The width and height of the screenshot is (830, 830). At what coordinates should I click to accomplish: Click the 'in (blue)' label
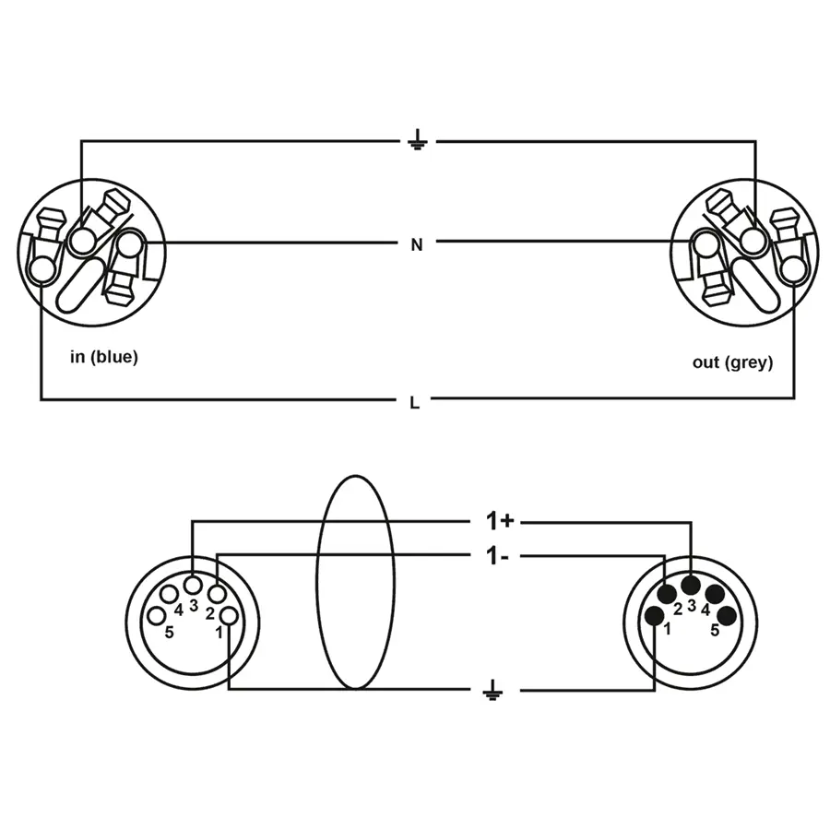point(104,357)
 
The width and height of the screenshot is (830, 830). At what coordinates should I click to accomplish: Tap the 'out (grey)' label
point(732,362)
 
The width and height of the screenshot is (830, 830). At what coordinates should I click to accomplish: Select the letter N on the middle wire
point(417,244)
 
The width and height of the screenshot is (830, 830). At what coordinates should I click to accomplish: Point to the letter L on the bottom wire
point(416,402)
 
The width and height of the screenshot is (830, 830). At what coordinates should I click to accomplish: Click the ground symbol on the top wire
point(417,141)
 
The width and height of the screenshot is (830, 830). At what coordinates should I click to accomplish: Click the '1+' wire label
point(500,521)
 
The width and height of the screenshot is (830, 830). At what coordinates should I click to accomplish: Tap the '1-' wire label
point(498,556)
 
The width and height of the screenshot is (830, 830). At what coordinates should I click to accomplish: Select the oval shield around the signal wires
point(355,583)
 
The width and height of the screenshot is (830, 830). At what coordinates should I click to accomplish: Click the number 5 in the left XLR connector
point(169,633)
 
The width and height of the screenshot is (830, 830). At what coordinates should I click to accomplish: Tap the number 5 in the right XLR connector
point(715,631)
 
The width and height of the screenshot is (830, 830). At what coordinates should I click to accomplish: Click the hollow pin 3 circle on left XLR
point(193,585)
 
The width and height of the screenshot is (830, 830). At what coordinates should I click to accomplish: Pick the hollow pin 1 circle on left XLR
point(230,616)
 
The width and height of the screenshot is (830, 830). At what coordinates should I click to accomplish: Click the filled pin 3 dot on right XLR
point(691,585)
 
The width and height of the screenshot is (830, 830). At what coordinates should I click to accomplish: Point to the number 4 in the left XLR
point(178,610)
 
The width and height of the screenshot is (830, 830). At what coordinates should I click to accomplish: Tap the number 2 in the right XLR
point(677,609)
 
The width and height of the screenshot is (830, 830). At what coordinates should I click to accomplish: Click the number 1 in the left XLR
point(219,632)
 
